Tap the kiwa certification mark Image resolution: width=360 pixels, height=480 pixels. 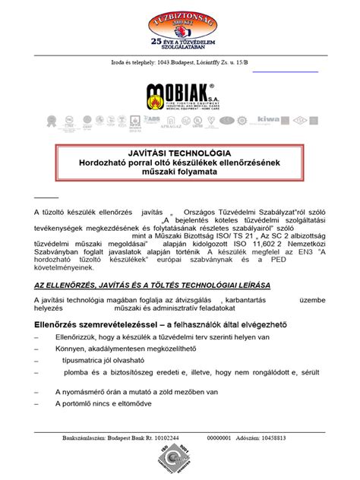point(268,119)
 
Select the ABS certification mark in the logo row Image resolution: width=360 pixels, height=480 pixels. point(153,119)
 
